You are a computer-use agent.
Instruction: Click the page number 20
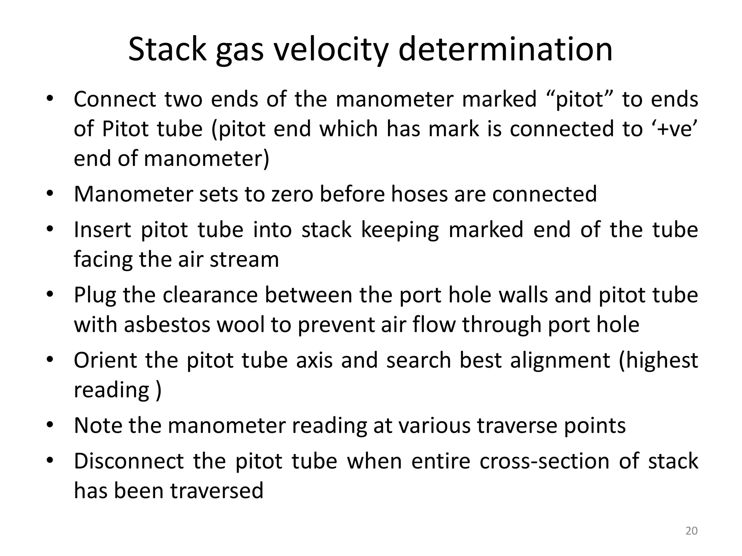pyautogui.click(x=691, y=531)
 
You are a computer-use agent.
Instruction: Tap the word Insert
pyautogui.click(x=103, y=229)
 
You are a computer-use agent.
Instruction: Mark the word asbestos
pyautogui.click(x=167, y=324)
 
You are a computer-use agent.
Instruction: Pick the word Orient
pyautogui.click(x=105, y=360)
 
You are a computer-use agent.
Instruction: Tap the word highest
pyautogui.click(x=659, y=360)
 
